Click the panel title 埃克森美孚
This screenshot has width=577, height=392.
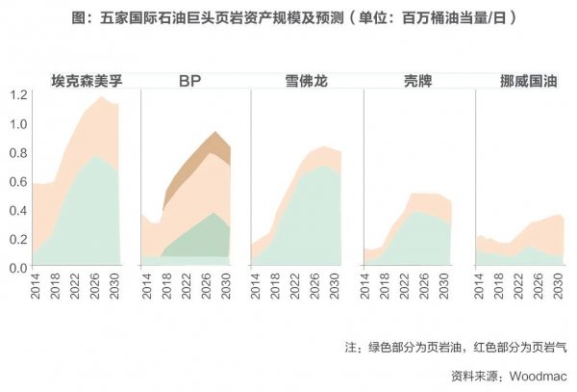tap(90, 80)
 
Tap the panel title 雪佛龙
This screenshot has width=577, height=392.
tap(307, 80)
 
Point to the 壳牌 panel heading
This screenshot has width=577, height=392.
tap(418, 80)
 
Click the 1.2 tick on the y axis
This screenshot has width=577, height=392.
tap(18, 94)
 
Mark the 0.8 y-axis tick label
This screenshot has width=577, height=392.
tap(18, 152)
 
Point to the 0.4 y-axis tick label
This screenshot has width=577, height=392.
tap(18, 209)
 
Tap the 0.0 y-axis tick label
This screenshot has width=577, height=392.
tap(18, 266)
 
